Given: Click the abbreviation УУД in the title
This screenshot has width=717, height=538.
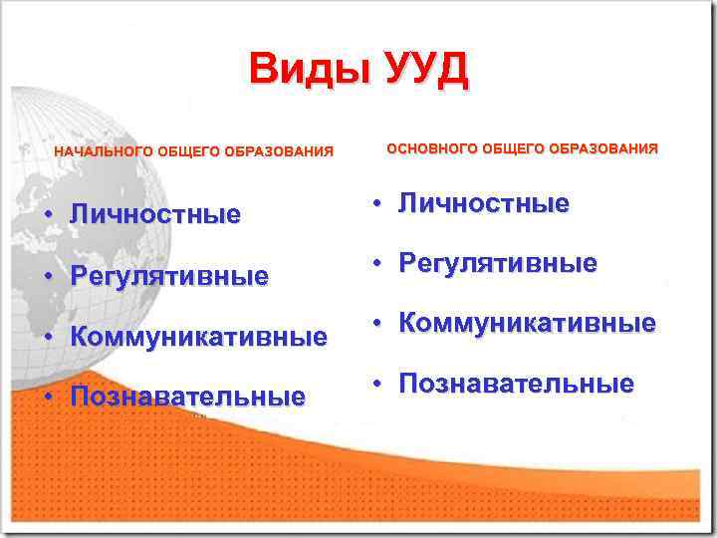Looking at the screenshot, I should [418, 71].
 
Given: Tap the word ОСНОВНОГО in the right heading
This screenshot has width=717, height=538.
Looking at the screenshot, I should [431, 148].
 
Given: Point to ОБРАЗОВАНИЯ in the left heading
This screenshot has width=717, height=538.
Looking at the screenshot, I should [279, 152].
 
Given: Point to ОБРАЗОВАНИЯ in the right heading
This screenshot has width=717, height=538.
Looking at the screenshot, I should [605, 148].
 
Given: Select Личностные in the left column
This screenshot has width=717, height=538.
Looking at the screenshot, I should [155, 215].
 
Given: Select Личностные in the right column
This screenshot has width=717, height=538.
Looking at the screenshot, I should [484, 204].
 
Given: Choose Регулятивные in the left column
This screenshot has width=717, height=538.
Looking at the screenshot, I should [169, 276].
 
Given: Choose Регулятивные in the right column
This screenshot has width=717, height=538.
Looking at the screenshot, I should [498, 264].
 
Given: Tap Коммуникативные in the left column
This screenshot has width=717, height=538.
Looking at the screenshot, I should [198, 337].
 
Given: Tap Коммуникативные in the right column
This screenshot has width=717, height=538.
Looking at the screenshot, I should [527, 324].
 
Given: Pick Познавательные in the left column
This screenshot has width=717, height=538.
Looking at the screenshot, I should [187, 398].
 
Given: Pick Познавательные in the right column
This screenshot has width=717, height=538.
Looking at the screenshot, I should [516, 385].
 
